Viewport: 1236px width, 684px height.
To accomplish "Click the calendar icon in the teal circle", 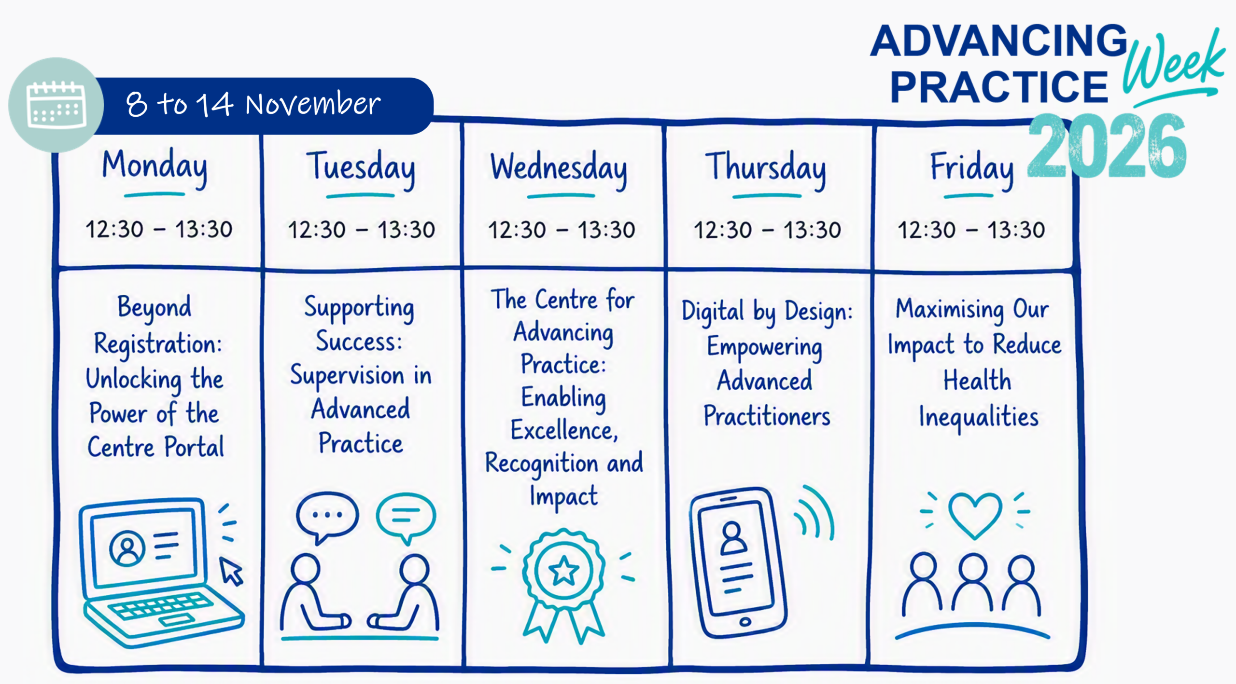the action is pyautogui.click(x=56, y=105).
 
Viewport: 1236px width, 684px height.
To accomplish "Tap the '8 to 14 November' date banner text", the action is pyautogui.click(x=253, y=104).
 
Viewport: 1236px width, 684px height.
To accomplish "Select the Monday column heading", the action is pyautogui.click(x=154, y=167).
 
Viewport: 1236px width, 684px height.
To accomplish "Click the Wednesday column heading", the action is pyautogui.click(x=559, y=168).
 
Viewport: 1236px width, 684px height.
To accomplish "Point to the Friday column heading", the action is pyautogui.click(x=971, y=168).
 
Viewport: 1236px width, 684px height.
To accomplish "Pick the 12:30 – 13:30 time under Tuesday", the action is pyautogui.click(x=361, y=230).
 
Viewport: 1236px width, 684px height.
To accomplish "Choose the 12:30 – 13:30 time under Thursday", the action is pyautogui.click(x=767, y=230).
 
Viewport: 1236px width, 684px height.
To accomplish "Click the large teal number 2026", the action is pyautogui.click(x=1107, y=146).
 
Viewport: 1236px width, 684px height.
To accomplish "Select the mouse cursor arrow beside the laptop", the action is pyautogui.click(x=231, y=572).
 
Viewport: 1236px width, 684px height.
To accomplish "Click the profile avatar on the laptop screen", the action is pyautogui.click(x=127, y=548).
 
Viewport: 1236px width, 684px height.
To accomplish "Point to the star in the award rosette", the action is pyautogui.click(x=563, y=570).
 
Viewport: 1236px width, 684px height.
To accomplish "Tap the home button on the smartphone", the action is pyautogui.click(x=745, y=621).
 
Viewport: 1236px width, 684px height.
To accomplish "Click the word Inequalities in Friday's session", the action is pyautogui.click(x=978, y=417).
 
